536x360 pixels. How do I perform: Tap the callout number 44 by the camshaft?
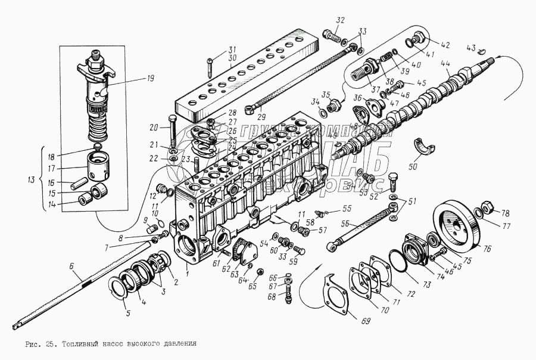click(x=445, y=64)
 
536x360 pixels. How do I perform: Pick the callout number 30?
click(x=233, y=58)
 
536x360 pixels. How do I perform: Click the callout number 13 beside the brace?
click(x=32, y=178)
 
